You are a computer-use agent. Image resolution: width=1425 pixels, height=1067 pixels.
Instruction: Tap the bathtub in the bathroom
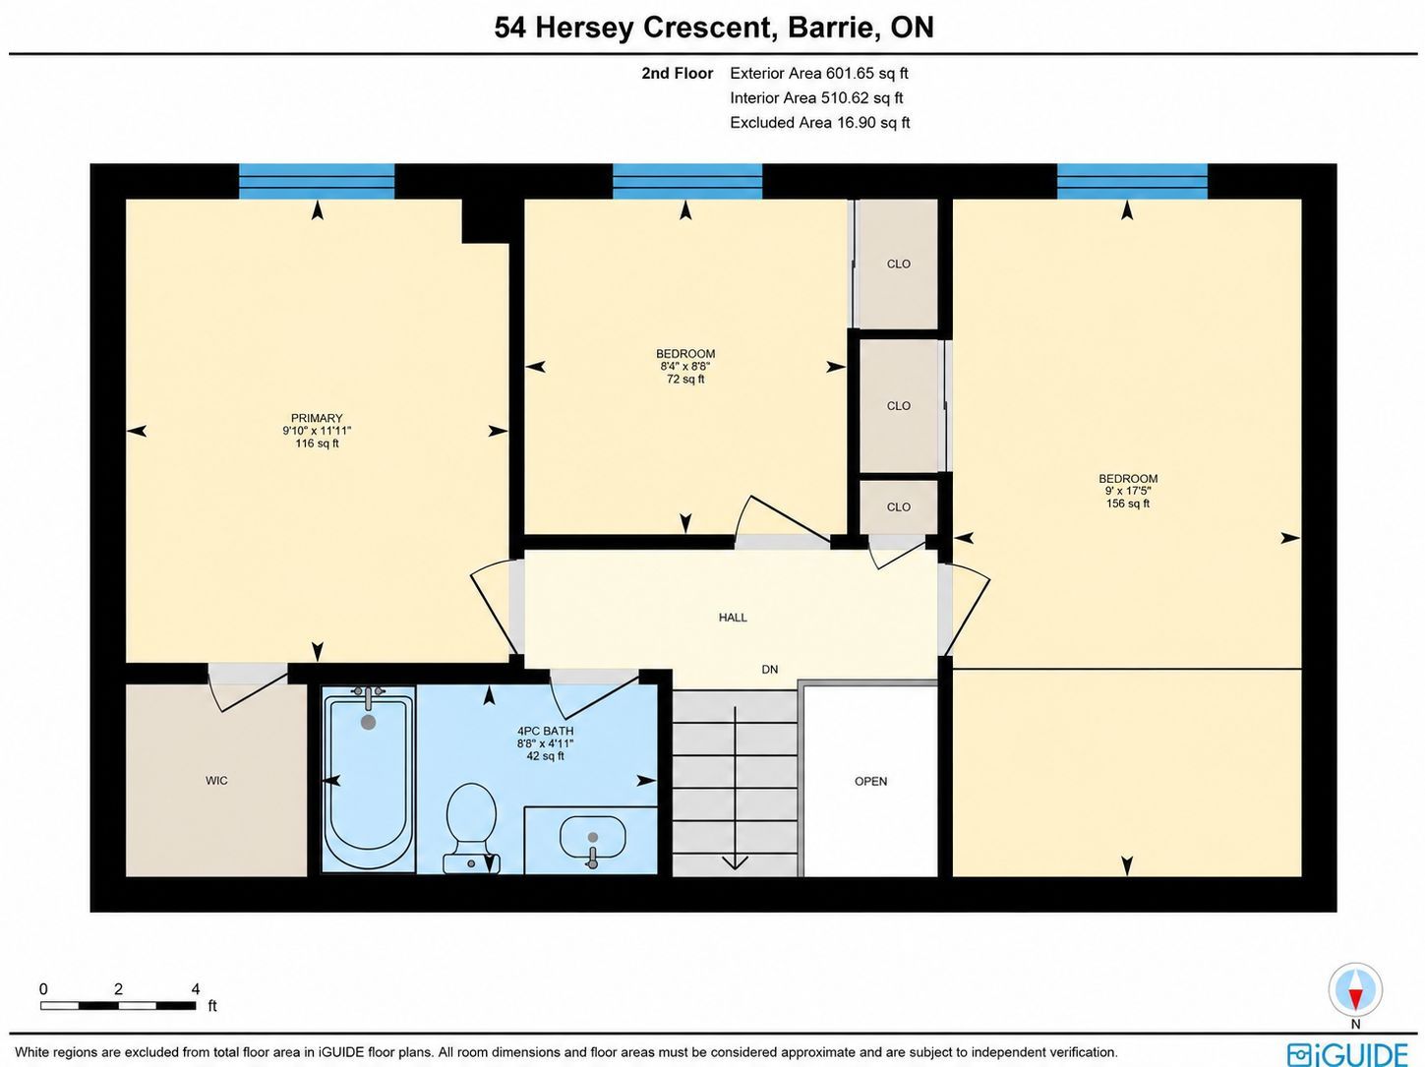click(x=368, y=779)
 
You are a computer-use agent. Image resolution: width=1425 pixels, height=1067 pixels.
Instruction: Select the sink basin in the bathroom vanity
click(x=592, y=837)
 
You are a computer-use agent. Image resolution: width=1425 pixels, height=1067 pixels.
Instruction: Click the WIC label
click(x=216, y=781)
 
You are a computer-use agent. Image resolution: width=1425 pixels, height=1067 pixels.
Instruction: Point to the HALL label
click(x=733, y=618)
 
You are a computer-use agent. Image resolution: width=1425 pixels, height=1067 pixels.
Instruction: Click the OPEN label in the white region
click(x=870, y=782)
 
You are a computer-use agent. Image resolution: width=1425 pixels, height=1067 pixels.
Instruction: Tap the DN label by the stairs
click(x=769, y=669)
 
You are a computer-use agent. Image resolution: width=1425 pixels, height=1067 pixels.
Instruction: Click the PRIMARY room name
click(x=317, y=418)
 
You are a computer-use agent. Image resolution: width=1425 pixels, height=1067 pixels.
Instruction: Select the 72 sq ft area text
click(x=685, y=379)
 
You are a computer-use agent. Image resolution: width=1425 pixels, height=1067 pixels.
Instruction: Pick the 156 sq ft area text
click(x=1128, y=504)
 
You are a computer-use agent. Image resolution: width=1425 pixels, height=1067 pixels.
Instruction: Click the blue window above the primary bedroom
click(x=317, y=181)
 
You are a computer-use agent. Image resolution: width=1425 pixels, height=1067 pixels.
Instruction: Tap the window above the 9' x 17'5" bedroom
click(x=1132, y=181)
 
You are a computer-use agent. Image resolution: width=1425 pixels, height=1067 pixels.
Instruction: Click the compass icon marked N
click(x=1355, y=990)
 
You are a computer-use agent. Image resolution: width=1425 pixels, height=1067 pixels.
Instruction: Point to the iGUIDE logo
click(x=1347, y=1053)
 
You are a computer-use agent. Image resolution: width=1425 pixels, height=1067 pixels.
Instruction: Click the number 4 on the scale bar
click(x=196, y=989)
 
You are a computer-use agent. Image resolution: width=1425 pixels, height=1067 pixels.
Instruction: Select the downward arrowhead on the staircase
click(x=735, y=862)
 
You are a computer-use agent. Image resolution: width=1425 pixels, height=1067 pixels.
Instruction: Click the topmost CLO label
click(x=899, y=265)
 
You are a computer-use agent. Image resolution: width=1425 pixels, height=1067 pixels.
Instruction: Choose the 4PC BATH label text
click(x=546, y=731)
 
